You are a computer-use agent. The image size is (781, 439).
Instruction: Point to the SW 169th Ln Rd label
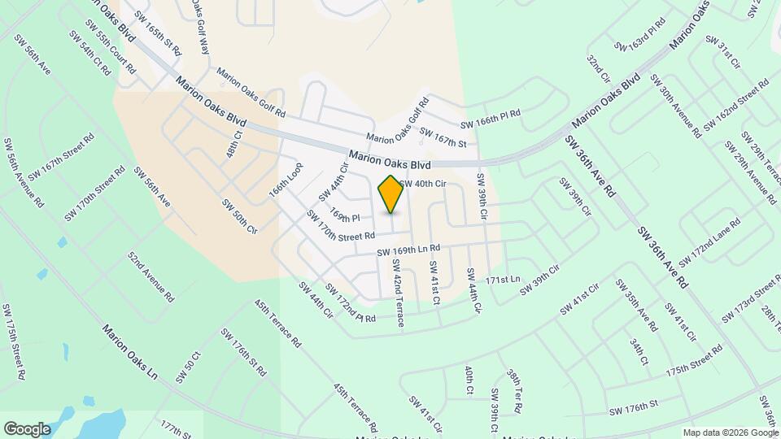pyautogui.click(x=408, y=251)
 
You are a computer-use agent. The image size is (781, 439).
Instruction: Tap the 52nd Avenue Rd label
pyautogui.click(x=151, y=276)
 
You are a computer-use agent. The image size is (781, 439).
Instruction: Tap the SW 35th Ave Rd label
pyautogui.click(x=635, y=305)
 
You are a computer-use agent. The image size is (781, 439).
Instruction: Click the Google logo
pyautogui.click(x=27, y=428)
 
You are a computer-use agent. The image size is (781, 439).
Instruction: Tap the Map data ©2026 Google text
pyautogui.click(x=729, y=432)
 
